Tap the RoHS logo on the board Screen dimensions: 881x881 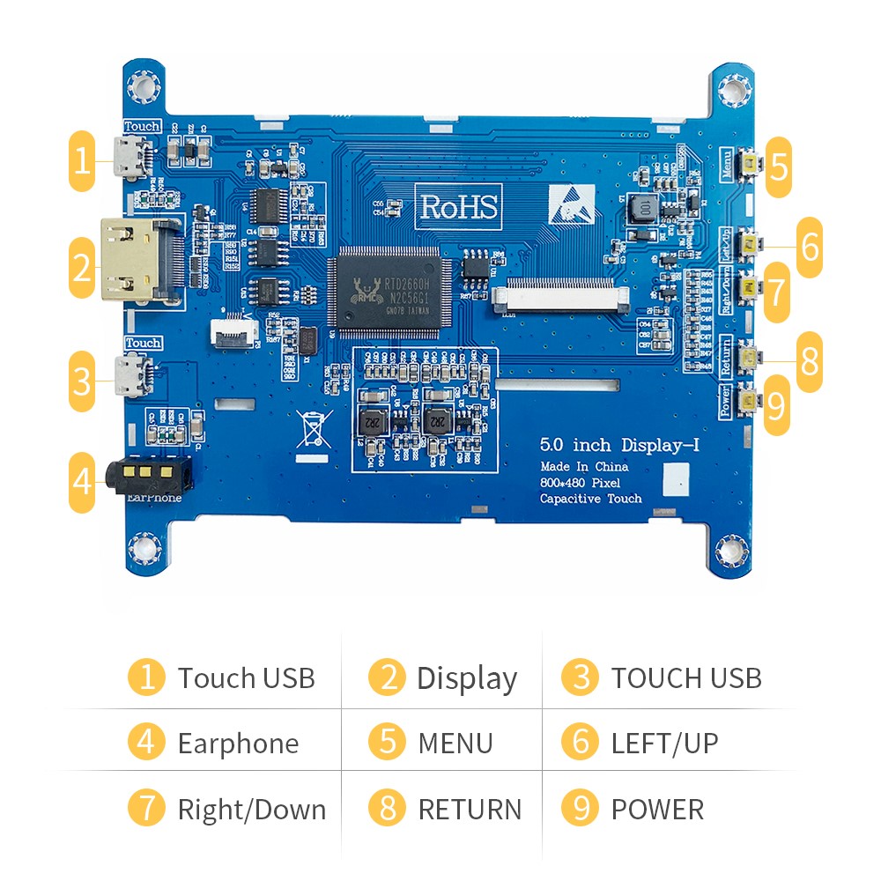point(458,206)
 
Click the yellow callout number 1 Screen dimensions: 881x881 point(82,161)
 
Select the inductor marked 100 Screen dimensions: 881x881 point(645,208)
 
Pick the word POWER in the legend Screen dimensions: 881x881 point(657,810)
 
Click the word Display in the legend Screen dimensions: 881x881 point(466,678)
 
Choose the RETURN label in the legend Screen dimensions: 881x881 point(470,810)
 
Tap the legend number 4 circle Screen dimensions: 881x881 point(146,743)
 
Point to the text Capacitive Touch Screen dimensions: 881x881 point(591,499)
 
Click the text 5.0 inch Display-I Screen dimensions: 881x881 point(619,445)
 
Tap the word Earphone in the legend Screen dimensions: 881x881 point(238,744)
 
